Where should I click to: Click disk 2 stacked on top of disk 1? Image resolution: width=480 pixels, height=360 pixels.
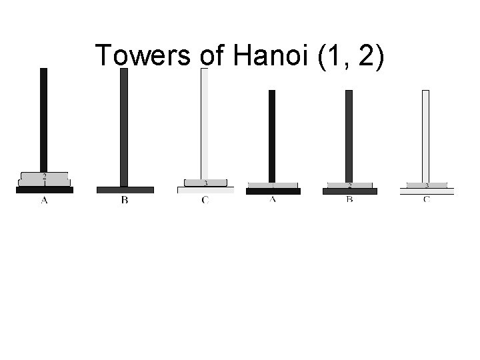pyautogui.click(x=44, y=176)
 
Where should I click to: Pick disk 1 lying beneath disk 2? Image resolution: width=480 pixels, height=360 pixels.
pyautogui.click(x=44, y=183)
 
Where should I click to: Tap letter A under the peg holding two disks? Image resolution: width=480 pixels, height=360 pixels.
pyautogui.click(x=44, y=200)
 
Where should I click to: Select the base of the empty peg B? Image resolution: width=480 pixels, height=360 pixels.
pyautogui.click(x=125, y=190)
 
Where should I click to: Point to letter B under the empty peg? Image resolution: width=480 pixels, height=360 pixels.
pyautogui.click(x=125, y=200)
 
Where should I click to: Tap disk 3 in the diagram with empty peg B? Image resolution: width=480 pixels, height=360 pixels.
pyautogui.click(x=205, y=183)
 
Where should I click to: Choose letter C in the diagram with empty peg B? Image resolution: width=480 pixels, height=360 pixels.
pyautogui.click(x=205, y=200)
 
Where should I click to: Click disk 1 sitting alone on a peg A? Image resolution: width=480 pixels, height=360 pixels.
pyautogui.click(x=273, y=185)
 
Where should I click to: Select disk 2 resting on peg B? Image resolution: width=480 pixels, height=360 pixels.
pyautogui.click(x=349, y=185)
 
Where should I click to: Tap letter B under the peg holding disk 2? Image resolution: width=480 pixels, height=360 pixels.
pyautogui.click(x=349, y=200)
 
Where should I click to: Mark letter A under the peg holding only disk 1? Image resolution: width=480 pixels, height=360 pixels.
pyautogui.click(x=273, y=200)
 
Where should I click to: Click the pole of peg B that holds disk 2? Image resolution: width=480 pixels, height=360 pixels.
pyautogui.click(x=349, y=133)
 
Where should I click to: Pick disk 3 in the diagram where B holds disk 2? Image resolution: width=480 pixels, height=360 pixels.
pyautogui.click(x=426, y=185)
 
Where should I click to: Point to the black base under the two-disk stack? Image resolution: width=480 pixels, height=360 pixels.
pyautogui.click(x=44, y=190)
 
